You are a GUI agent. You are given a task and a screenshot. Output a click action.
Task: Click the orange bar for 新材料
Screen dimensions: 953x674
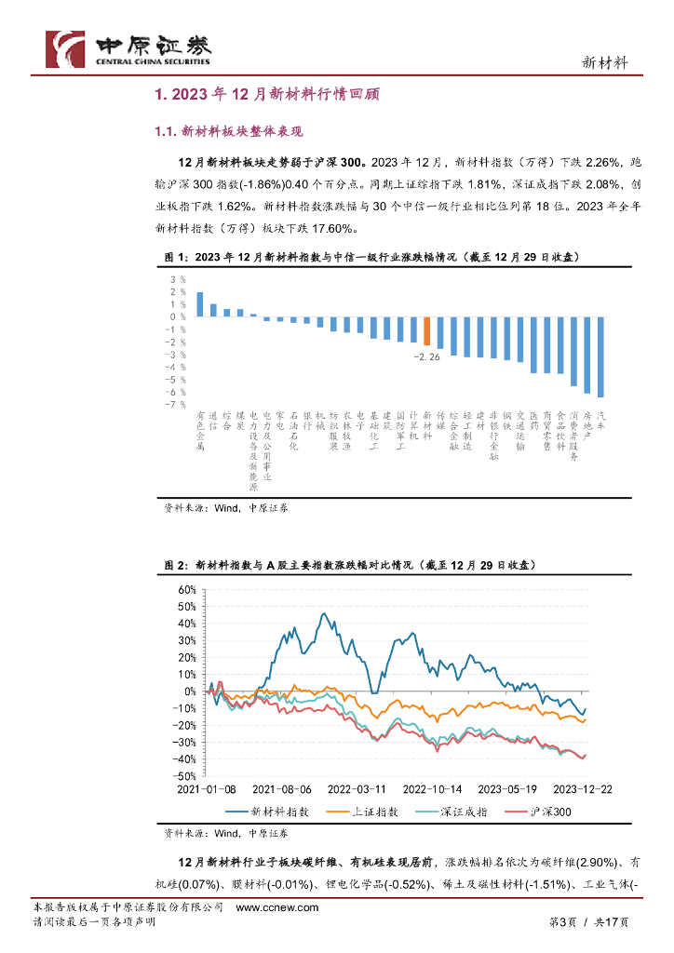tap(426, 330)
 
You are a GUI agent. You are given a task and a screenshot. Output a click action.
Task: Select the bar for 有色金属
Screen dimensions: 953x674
tap(199, 304)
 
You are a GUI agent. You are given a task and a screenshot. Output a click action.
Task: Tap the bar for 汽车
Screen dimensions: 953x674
tap(600, 356)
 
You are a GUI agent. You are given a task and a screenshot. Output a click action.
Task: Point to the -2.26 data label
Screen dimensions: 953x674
tap(427, 355)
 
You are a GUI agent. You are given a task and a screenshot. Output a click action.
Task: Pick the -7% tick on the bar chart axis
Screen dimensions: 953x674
tap(176, 404)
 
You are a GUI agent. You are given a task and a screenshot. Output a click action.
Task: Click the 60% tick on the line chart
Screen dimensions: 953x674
tap(184, 590)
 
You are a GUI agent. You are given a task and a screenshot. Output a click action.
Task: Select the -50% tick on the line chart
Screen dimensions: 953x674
tap(184, 775)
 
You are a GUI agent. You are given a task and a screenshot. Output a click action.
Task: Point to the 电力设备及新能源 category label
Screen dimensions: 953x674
tap(253, 450)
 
